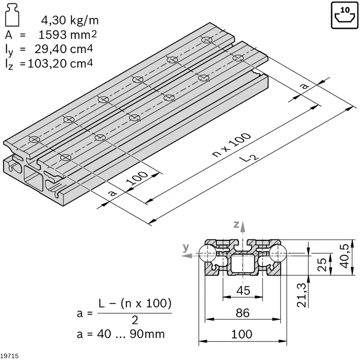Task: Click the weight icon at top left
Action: click(x=12, y=15)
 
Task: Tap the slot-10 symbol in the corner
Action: click(x=344, y=15)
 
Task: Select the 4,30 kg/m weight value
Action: click(x=70, y=20)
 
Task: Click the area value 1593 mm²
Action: click(x=67, y=35)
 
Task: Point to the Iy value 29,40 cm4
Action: click(x=63, y=49)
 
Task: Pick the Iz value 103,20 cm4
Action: click(x=60, y=63)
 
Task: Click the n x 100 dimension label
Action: click(x=231, y=145)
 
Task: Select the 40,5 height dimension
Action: click(x=344, y=256)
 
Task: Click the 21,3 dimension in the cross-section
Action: click(x=301, y=295)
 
